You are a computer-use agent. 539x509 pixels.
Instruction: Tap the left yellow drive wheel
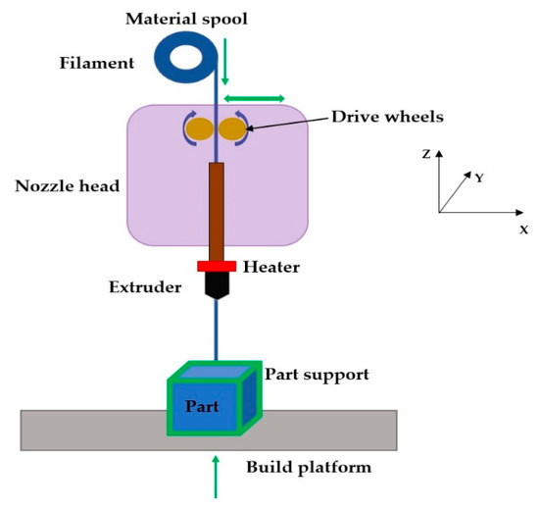[199, 128]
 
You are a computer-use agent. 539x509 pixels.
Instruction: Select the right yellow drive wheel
[231, 128]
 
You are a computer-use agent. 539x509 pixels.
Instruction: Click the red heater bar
[216, 266]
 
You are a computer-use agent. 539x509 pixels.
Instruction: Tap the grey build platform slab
[88, 431]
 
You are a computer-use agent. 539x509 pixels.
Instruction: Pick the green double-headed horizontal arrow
[256, 97]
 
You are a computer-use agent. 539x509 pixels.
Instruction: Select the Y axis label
[479, 178]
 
